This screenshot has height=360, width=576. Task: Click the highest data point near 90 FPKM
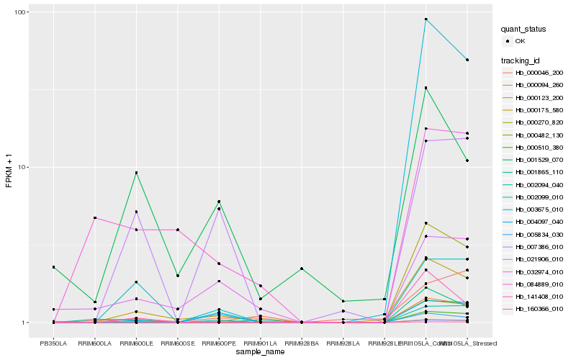pyautogui.click(x=426, y=19)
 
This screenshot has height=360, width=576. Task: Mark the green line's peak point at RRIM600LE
pyautogui.click(x=136, y=173)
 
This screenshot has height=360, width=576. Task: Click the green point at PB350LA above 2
pyautogui.click(x=53, y=267)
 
